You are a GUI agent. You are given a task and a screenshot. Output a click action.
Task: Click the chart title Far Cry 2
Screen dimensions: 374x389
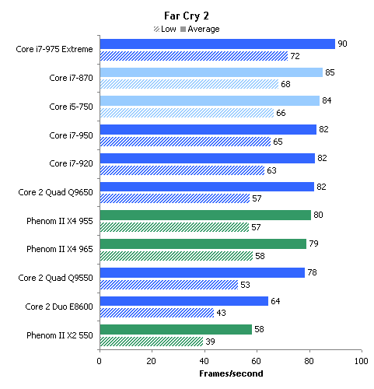pyautogui.click(x=187, y=16)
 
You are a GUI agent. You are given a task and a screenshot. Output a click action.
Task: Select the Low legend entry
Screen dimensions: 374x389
pyautogui.click(x=165, y=29)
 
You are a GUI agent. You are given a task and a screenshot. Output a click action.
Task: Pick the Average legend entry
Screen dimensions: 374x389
pyautogui.click(x=200, y=29)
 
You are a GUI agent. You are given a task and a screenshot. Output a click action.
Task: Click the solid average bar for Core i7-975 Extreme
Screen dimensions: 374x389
pyautogui.click(x=218, y=44)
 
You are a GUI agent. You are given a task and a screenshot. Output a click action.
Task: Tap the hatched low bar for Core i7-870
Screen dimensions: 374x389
pyautogui.click(x=189, y=84)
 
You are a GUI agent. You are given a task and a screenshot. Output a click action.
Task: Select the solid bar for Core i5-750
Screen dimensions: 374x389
pyautogui.click(x=210, y=100)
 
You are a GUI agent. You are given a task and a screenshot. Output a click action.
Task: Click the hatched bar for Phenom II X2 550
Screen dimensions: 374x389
pyautogui.click(x=152, y=342)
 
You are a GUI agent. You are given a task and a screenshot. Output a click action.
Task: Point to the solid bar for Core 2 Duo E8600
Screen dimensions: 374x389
pyautogui.click(x=184, y=301)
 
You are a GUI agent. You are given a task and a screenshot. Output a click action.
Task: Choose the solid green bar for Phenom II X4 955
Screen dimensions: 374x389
pyautogui.click(x=205, y=215)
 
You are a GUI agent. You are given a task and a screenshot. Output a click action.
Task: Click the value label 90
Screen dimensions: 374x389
pyautogui.click(x=342, y=44)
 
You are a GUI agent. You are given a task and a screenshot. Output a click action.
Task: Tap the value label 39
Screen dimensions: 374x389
pyautogui.click(x=210, y=342)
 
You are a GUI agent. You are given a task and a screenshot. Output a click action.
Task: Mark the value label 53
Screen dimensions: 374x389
pyautogui.click(x=245, y=285)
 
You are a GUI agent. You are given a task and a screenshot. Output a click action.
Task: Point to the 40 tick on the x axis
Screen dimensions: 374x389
pyautogui.click(x=204, y=361)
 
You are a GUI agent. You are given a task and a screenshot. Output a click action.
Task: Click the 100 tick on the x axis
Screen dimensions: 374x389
pyautogui.click(x=362, y=361)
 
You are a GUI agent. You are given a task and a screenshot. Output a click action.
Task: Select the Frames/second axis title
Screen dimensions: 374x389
pyautogui.click(x=231, y=373)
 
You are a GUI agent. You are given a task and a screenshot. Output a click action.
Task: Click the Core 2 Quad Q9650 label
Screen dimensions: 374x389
pyautogui.click(x=55, y=192)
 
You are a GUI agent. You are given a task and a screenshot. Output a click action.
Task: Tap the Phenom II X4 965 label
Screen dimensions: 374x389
pyautogui.click(x=60, y=249)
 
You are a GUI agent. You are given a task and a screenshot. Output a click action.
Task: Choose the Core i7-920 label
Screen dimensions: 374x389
pyautogui.click(x=71, y=163)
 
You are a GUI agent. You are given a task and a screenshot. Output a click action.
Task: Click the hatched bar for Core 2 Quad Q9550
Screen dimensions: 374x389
pyautogui.click(x=169, y=285)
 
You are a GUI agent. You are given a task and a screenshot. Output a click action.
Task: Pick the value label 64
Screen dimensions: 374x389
pyautogui.click(x=275, y=301)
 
